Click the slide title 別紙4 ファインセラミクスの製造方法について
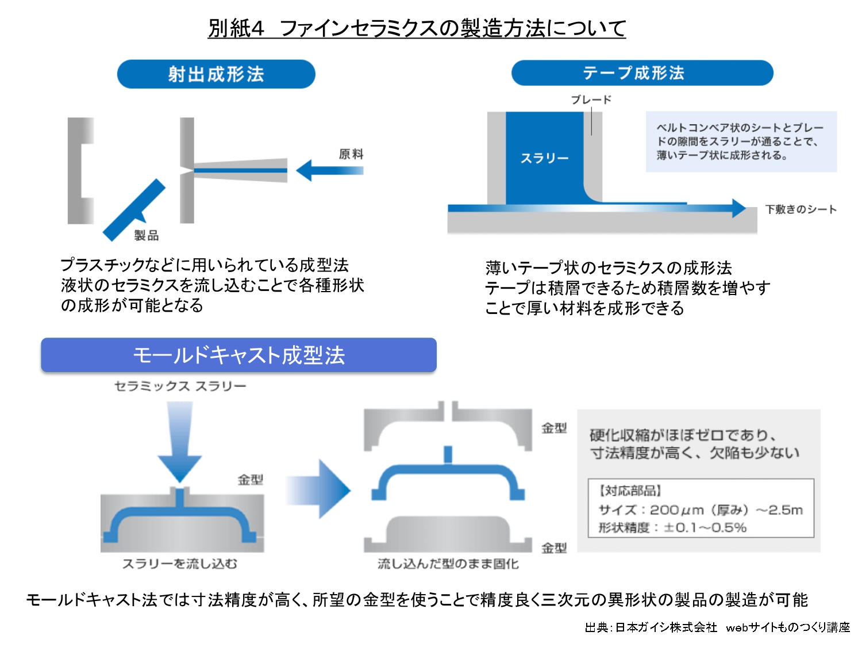(x=417, y=28)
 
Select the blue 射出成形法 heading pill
(x=216, y=74)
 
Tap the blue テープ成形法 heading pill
(x=642, y=73)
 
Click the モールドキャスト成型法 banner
(x=238, y=355)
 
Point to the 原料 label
(x=351, y=154)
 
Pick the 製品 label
(x=147, y=235)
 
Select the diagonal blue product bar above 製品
(x=133, y=210)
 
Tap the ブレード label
(x=591, y=99)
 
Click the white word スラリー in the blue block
(x=544, y=158)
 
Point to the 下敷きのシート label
(x=801, y=209)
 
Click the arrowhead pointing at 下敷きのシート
(x=739, y=208)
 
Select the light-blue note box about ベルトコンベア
(x=741, y=141)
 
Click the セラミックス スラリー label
(x=180, y=386)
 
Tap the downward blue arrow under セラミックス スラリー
(x=180, y=443)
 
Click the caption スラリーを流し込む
(x=180, y=564)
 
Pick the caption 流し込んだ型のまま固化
(x=448, y=564)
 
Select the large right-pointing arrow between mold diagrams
(x=319, y=489)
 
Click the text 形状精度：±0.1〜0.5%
(x=672, y=527)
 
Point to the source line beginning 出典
(x=717, y=627)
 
